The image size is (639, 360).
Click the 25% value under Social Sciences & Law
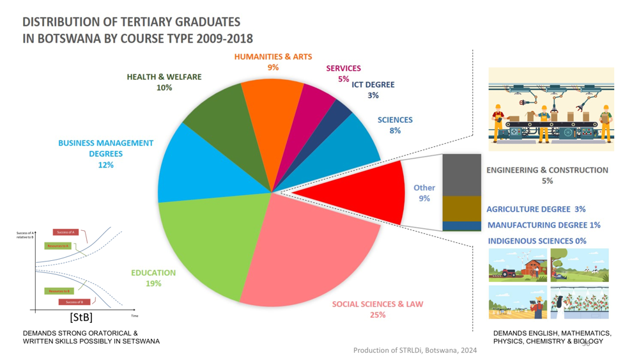tap(378, 315)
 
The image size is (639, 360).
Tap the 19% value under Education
tap(153, 283)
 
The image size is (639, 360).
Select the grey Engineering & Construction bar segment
tap(461, 175)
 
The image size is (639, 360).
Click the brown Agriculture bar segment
tap(461, 208)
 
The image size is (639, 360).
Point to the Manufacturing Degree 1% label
tap(544, 225)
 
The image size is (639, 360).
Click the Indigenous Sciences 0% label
tap(537, 241)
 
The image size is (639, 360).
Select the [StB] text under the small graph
tap(81, 317)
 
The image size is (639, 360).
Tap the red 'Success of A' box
tap(65, 232)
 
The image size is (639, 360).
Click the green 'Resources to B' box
tap(59, 291)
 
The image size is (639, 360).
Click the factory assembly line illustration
tap(551, 109)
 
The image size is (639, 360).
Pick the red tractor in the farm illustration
tap(509, 273)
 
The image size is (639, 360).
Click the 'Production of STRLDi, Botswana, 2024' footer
tap(415, 350)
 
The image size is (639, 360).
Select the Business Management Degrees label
tap(105, 148)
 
